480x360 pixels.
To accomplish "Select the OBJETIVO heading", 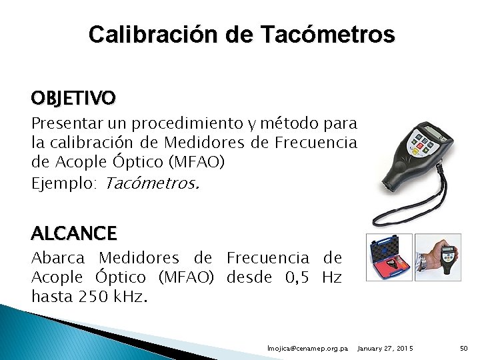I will point(73,99).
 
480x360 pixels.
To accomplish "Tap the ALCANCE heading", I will point(73,233).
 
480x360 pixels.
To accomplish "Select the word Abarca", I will point(58,258).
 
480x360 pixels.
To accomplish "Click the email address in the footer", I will point(307,349).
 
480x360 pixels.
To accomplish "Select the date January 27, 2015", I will point(385,349).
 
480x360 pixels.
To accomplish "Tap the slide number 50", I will point(465,349).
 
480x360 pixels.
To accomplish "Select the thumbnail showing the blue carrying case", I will point(390,257).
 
